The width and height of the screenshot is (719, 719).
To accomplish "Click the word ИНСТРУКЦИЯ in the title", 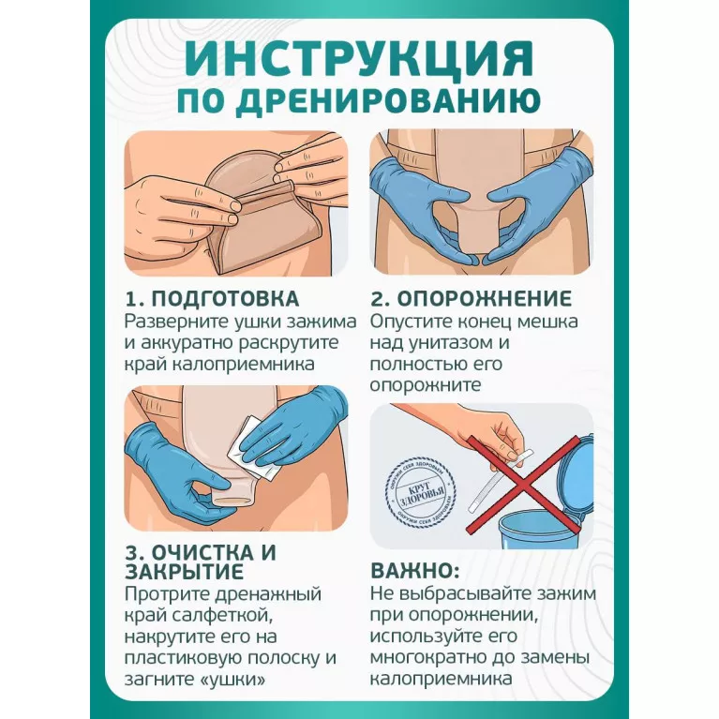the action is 360,61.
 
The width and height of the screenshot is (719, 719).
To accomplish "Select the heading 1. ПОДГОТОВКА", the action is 212,298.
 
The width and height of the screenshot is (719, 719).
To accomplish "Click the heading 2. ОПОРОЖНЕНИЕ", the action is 471,298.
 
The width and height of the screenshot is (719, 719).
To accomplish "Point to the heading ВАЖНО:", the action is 415,571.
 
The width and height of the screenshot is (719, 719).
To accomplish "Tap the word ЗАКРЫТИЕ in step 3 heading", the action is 184,572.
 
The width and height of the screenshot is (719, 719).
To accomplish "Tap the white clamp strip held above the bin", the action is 500,482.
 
